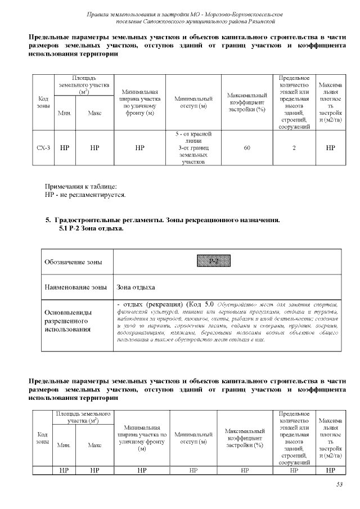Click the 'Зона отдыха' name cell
136,287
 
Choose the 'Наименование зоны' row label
75,287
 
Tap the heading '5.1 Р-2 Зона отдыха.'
91,229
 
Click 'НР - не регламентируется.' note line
85,195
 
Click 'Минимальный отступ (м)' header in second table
191,439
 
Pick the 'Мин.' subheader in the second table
64,444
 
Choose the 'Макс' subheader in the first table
94,112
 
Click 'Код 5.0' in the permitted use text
201,304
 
